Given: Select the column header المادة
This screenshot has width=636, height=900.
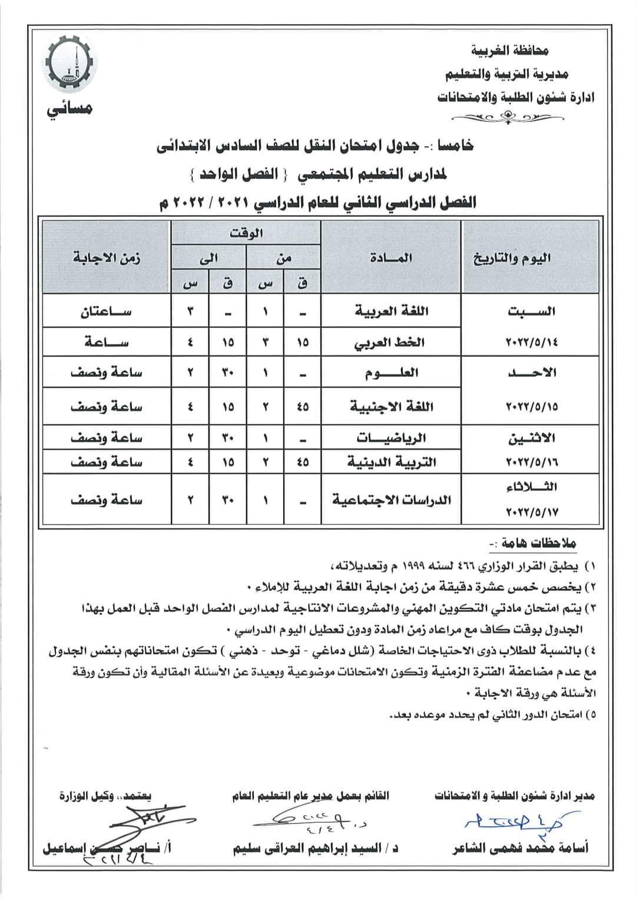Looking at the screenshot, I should [392, 257].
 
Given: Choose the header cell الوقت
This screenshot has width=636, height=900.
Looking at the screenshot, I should [246, 232].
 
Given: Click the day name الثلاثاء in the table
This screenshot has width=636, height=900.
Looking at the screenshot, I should [532, 487].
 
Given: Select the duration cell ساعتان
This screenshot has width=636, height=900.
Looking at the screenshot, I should [105, 311].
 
